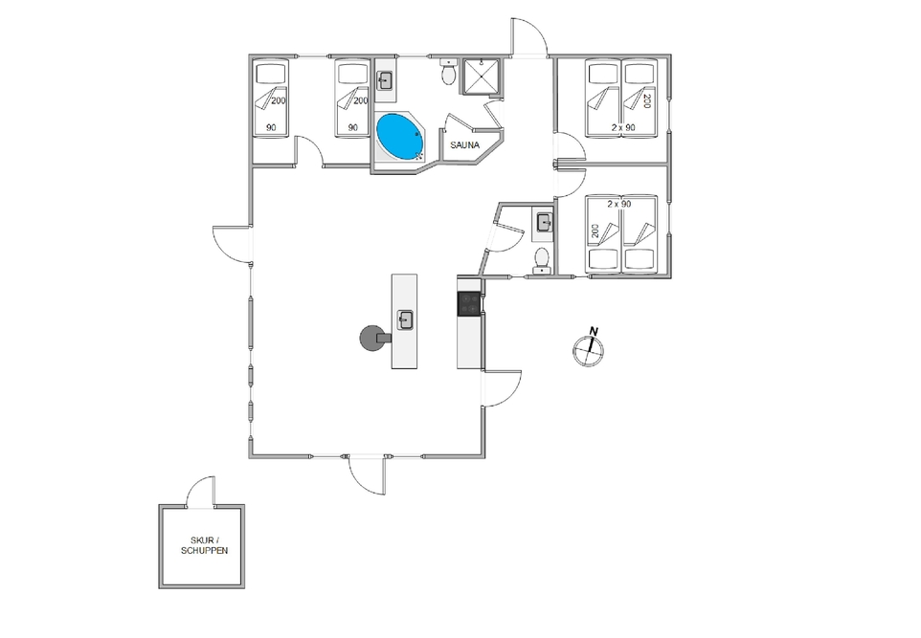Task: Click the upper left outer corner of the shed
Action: [x=159, y=505]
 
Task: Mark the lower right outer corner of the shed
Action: [x=244, y=588]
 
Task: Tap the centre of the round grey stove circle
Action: [x=371, y=339]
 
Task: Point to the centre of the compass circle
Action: [x=588, y=351]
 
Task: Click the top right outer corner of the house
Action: [x=671, y=55]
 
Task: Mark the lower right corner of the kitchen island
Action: [x=417, y=368]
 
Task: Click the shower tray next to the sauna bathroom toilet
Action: [x=481, y=77]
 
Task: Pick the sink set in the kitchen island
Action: [x=405, y=320]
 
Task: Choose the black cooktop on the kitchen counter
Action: [x=469, y=304]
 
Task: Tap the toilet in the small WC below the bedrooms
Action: [x=542, y=261]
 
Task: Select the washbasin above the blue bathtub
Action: [x=385, y=81]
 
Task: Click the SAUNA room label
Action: [x=465, y=145]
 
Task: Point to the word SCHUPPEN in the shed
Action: [x=205, y=551]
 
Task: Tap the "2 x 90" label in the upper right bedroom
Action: [x=623, y=127]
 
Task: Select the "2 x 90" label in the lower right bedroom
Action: [x=619, y=204]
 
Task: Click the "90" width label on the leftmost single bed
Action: [x=271, y=127]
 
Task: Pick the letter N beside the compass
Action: [x=594, y=332]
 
